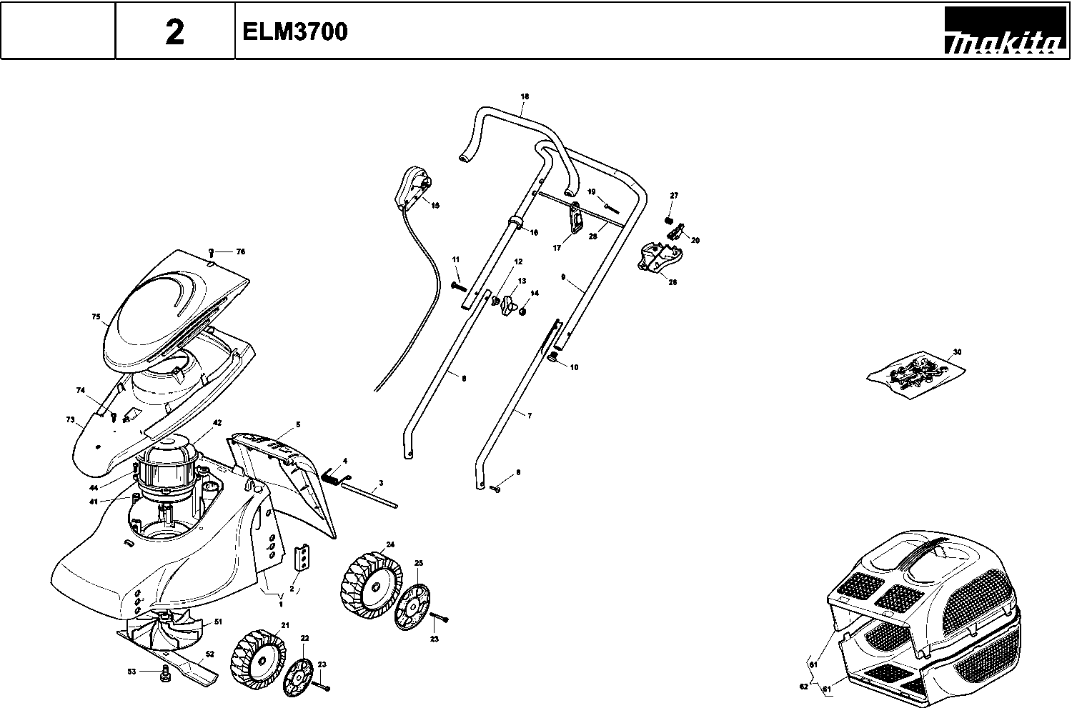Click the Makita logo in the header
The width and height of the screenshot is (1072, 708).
coord(1003,32)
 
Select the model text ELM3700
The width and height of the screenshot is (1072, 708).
coord(294,32)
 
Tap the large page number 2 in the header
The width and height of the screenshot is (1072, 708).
coord(174,32)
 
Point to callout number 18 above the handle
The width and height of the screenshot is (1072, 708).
coord(525,96)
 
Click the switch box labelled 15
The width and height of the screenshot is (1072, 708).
coord(412,187)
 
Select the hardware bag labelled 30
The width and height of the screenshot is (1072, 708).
coord(916,372)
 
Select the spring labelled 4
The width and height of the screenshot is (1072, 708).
coord(332,475)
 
